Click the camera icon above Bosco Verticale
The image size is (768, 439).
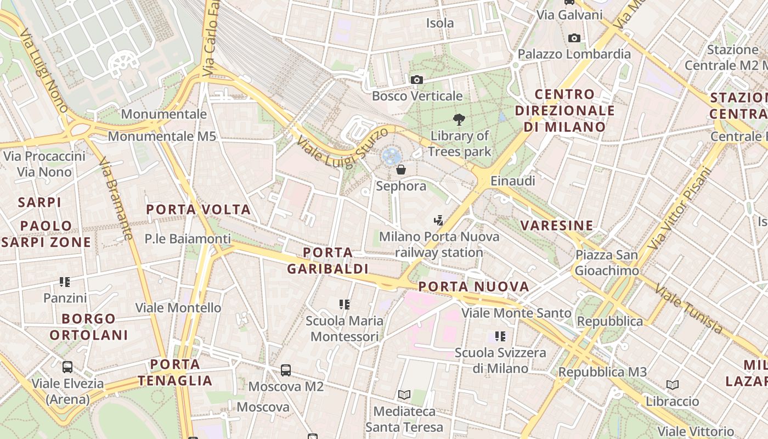click(417, 80)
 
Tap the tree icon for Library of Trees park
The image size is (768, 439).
click(459, 119)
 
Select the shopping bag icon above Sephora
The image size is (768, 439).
click(401, 170)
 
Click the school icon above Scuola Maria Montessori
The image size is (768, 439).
click(345, 304)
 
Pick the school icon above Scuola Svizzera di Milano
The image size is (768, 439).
click(500, 336)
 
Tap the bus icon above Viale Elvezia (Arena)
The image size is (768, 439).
click(67, 367)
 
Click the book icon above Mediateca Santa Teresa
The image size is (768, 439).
click(404, 395)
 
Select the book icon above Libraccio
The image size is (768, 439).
click(673, 385)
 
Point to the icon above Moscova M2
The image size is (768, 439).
click(286, 370)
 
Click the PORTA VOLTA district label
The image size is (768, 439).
click(199, 210)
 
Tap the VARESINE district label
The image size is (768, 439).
click(557, 226)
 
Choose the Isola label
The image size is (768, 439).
click(440, 23)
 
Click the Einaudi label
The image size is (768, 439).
click(512, 181)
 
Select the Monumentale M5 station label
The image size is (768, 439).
click(162, 136)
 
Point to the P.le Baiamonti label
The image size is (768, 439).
click(188, 239)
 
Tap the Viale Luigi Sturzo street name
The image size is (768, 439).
click(342, 145)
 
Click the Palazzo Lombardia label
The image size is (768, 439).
click(574, 54)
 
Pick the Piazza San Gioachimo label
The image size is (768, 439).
click(607, 263)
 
